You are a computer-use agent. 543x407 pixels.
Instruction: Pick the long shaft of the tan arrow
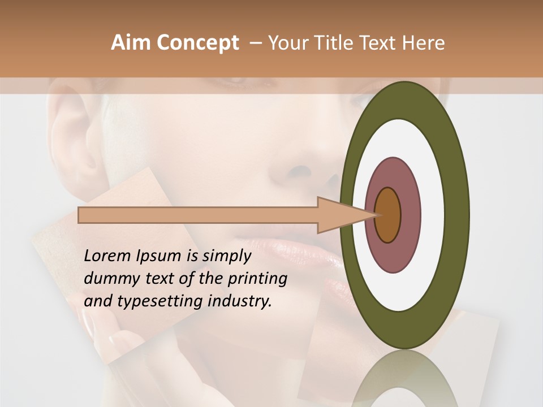pyautogui.click(x=198, y=215)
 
